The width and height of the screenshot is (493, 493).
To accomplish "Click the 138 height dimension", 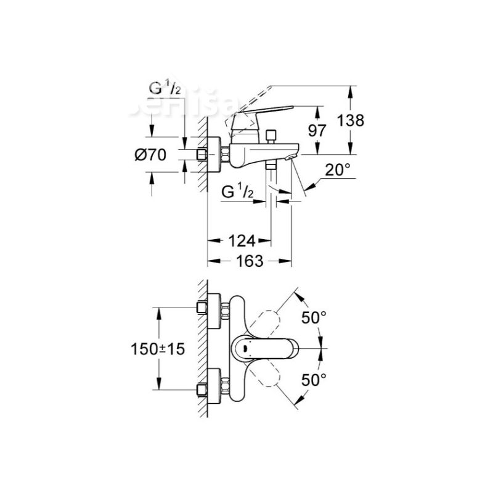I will [x=351, y=120].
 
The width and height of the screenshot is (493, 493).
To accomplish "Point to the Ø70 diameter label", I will [x=150, y=155].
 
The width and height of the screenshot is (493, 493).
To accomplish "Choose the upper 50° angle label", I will [x=314, y=318].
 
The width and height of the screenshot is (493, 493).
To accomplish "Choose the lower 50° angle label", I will [x=314, y=379].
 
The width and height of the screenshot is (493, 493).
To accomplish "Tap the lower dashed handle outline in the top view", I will [x=269, y=377].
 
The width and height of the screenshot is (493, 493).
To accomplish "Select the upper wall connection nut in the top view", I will [x=201, y=307].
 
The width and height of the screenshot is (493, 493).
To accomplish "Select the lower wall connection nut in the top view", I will [x=201, y=389].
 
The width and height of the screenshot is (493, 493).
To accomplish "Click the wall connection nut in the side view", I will [x=201, y=154].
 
